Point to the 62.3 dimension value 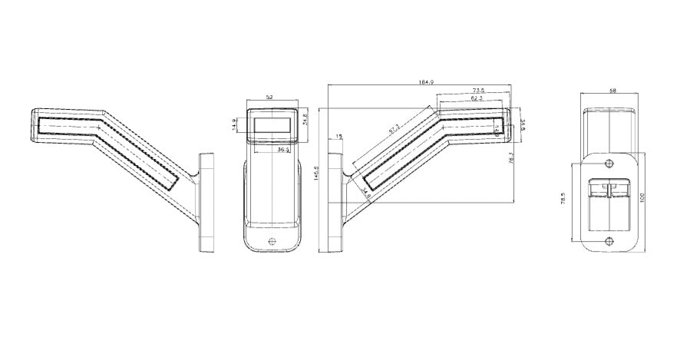tap(477, 98)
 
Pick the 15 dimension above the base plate tap(338, 137)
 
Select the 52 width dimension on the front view tap(269, 97)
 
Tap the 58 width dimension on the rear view tap(612, 91)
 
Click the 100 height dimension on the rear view tap(643, 198)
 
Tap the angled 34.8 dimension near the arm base tap(367, 197)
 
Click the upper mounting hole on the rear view tap(609, 163)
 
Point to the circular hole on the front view tap(272, 242)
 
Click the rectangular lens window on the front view tap(270, 123)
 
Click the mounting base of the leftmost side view tap(205, 203)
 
